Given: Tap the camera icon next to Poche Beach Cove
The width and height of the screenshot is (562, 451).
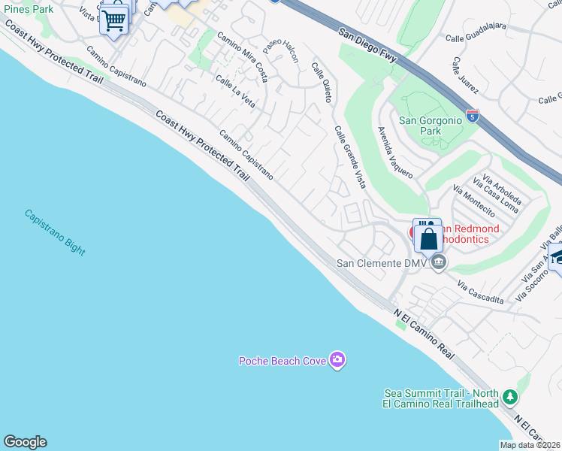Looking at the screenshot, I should (338, 361).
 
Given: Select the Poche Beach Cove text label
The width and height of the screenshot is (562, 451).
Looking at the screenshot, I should (283, 361).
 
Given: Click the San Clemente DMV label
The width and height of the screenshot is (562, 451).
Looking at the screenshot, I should (382, 263).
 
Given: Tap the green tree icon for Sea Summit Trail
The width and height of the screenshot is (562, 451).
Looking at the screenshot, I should (510, 396).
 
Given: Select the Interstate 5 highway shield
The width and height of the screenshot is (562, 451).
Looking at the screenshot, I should (472, 116).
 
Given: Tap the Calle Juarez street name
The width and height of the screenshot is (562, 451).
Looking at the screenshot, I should (465, 74).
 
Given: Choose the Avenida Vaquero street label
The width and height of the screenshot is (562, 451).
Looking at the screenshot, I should (395, 153).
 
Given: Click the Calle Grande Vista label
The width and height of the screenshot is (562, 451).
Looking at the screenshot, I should (350, 156).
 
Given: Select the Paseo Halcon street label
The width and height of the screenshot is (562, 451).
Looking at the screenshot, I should (281, 52).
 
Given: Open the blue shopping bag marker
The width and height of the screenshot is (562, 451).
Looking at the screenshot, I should (428, 238).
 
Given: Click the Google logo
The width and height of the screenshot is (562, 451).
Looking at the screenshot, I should (25, 442).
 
